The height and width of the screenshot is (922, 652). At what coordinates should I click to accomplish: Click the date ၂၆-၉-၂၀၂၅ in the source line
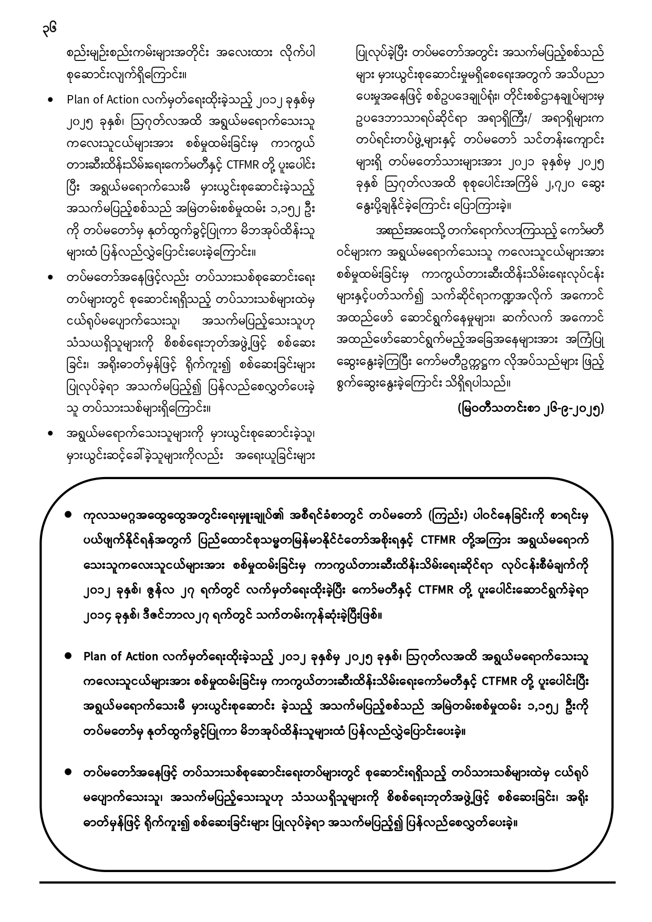tap(565, 408)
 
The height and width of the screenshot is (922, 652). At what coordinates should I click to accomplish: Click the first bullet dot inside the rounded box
tap(68, 515)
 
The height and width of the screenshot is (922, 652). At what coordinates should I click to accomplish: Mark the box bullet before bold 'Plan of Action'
tap(68, 656)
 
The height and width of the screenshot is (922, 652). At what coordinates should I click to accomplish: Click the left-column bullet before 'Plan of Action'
tap(50, 100)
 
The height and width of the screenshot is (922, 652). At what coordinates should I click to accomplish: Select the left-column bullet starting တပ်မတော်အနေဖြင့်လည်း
tap(50, 276)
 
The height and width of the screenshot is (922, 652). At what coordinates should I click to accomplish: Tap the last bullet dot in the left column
tap(50, 434)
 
